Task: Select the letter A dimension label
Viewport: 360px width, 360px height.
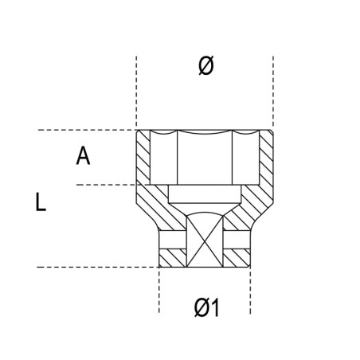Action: click(x=83, y=156)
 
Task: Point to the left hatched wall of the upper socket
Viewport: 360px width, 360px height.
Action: click(x=144, y=163)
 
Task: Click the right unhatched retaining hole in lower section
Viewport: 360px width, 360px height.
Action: click(x=238, y=239)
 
